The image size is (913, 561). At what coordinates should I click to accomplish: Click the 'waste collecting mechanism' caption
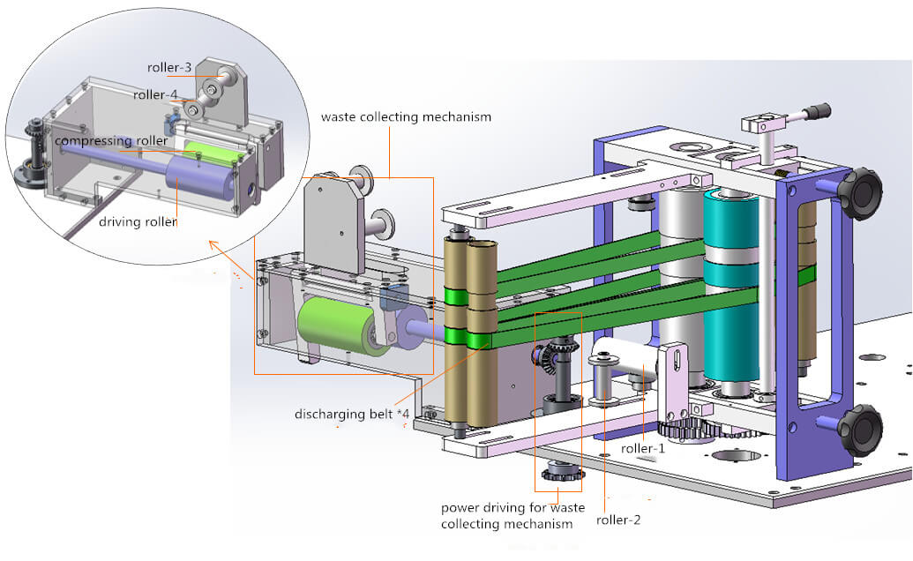pos(406,116)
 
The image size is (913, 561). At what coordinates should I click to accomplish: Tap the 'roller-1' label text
pos(643,448)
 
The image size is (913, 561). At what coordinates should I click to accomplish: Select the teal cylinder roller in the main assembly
pos(731,291)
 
